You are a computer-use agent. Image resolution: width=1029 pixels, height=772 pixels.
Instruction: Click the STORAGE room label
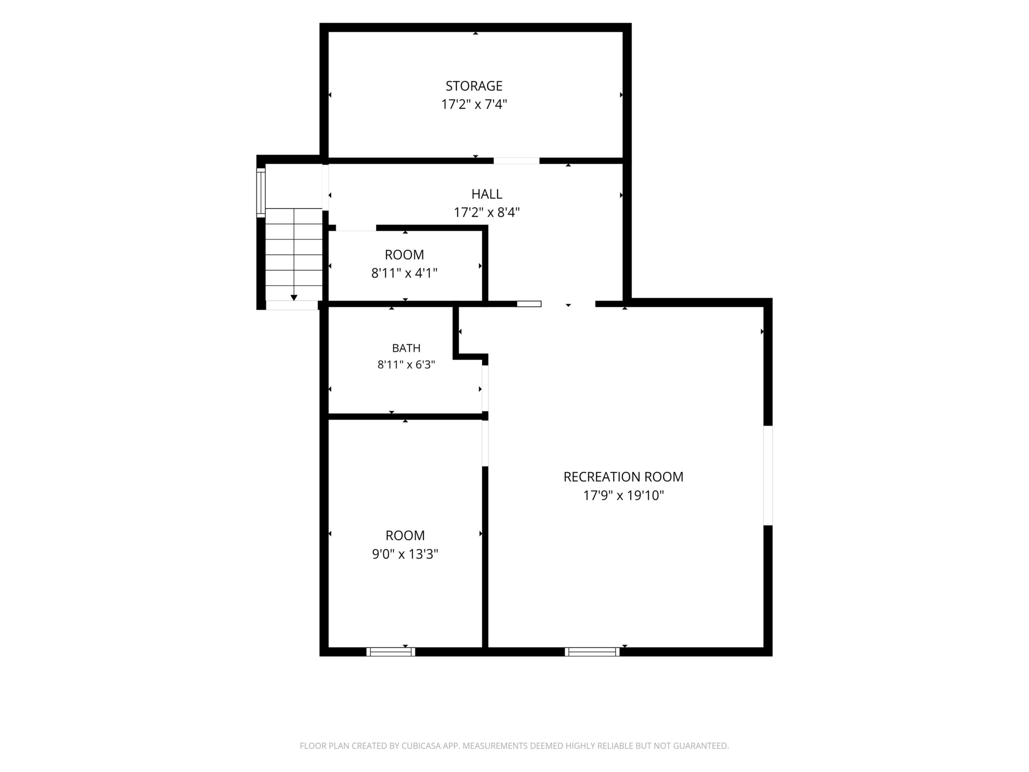474,86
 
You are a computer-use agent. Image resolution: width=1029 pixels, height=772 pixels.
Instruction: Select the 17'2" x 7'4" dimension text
474,104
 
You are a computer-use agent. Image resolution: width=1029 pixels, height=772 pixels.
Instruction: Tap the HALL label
486,194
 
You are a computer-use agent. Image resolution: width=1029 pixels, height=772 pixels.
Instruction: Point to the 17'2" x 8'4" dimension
486,213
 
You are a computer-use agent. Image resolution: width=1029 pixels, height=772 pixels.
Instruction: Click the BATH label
406,348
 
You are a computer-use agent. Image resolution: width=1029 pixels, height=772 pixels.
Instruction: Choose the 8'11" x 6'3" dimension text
406,365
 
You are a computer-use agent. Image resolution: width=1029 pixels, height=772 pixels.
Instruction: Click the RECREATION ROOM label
623,477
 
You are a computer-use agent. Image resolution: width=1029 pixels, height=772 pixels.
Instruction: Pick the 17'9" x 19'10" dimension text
623,496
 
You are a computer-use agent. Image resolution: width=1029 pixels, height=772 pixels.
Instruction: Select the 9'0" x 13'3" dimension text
405,554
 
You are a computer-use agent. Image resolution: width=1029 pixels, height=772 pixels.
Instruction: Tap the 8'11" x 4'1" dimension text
404,273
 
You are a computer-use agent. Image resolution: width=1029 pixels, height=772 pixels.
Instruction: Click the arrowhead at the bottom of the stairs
294,298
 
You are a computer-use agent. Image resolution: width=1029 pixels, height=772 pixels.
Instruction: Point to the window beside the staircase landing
261,193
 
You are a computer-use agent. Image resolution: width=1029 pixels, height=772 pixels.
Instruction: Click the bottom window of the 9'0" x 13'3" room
391,652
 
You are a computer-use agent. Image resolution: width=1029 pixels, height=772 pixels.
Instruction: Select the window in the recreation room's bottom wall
592,652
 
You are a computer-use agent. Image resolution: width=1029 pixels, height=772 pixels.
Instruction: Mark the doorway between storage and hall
517,161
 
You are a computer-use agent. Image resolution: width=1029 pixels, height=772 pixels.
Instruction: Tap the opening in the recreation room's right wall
768,475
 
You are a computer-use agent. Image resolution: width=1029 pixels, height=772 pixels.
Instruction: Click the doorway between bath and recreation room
485,388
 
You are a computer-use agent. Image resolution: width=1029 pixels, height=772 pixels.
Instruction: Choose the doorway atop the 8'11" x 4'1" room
356,228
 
